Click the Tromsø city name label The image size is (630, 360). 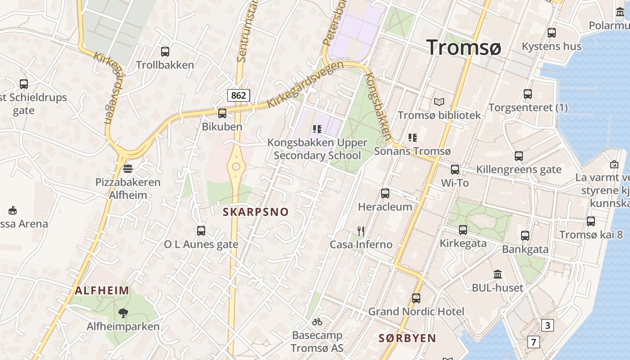[x=463, y=47]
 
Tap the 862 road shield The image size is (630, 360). [x=238, y=95]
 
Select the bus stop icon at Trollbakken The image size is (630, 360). [x=165, y=52]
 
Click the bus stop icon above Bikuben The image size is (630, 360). [x=222, y=113]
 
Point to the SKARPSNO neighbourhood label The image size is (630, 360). [x=256, y=212]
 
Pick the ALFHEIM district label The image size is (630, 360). [x=102, y=290]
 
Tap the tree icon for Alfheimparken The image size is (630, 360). [x=123, y=313]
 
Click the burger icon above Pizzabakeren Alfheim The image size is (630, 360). [x=128, y=169]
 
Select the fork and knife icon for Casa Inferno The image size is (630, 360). [x=360, y=231]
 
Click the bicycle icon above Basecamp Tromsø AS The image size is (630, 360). [x=317, y=322]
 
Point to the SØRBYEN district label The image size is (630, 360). [x=407, y=338]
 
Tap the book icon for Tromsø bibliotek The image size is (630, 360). [x=439, y=102]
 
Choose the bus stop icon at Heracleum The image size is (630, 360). [x=385, y=193]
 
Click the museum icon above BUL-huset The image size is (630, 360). [x=498, y=274]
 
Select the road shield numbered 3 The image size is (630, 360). [x=547, y=325]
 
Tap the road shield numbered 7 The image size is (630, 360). [x=533, y=342]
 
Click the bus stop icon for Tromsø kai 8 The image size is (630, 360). [x=591, y=221]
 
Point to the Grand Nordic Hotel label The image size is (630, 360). [x=416, y=311]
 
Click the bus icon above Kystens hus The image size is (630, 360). [x=552, y=33]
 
